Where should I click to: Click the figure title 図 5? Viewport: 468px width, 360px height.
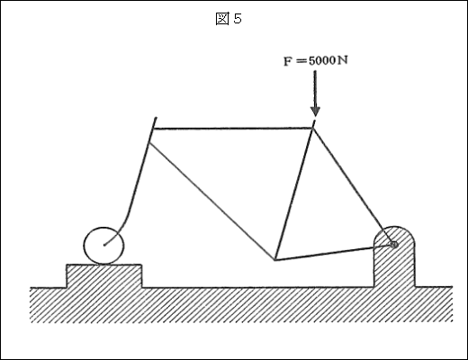pyautogui.click(x=229, y=19)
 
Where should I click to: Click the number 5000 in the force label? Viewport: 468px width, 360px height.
pyautogui.click(x=321, y=60)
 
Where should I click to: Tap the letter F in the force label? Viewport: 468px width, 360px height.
pyautogui.click(x=288, y=61)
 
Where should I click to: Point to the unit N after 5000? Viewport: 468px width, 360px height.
pyautogui.click(x=342, y=60)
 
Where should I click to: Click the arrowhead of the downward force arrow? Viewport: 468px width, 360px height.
pyautogui.click(x=315, y=112)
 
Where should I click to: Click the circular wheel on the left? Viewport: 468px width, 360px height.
pyautogui.click(x=103, y=246)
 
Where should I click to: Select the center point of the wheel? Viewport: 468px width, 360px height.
pyautogui.click(x=104, y=245)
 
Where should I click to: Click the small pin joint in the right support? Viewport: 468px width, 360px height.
pyautogui.click(x=394, y=245)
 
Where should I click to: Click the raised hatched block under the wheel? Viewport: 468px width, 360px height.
pyautogui.click(x=104, y=276)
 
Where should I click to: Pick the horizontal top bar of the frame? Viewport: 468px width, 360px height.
pyautogui.click(x=233, y=129)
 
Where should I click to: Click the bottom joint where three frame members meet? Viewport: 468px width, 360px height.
pyautogui.click(x=274, y=260)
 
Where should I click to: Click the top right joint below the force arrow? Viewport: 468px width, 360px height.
pyautogui.click(x=313, y=128)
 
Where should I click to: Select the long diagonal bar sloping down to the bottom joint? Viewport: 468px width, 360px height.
pyautogui.click(x=211, y=202)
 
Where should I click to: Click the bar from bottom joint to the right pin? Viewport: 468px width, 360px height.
pyautogui.click(x=335, y=252)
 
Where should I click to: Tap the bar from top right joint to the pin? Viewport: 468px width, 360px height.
pyautogui.click(x=354, y=186)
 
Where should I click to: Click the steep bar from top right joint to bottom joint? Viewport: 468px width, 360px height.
pyautogui.click(x=294, y=193)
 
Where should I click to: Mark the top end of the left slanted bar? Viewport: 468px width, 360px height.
pyautogui.click(x=156, y=118)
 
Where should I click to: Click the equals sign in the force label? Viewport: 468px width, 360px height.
pyautogui.click(x=301, y=61)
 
